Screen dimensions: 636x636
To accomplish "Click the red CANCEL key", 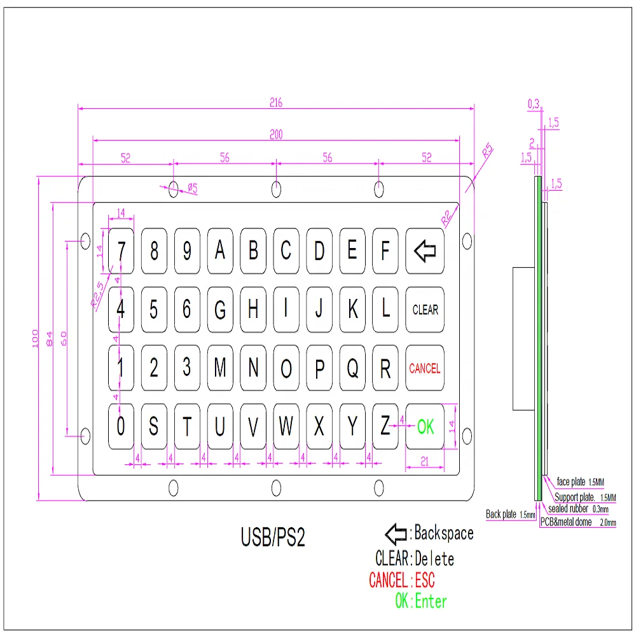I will [x=425, y=368].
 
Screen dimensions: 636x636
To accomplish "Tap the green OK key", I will [x=425, y=427].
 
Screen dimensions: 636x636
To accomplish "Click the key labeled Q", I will [x=352, y=368].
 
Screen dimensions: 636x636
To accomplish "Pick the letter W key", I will [x=286, y=427].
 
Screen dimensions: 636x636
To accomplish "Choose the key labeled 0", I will [x=121, y=427].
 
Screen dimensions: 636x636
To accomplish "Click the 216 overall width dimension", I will [x=275, y=102].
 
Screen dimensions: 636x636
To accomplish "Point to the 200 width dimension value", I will [x=275, y=134].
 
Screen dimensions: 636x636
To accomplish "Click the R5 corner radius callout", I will [x=487, y=151].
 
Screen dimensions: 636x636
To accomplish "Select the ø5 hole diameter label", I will [x=192, y=188].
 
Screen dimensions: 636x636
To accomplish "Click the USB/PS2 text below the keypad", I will [x=273, y=538].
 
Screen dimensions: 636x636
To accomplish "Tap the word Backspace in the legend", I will [x=444, y=533].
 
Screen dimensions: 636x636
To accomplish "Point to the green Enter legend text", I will [x=431, y=601].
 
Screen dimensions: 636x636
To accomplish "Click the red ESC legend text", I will [x=425, y=580].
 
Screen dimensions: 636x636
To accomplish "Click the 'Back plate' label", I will [x=501, y=514].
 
